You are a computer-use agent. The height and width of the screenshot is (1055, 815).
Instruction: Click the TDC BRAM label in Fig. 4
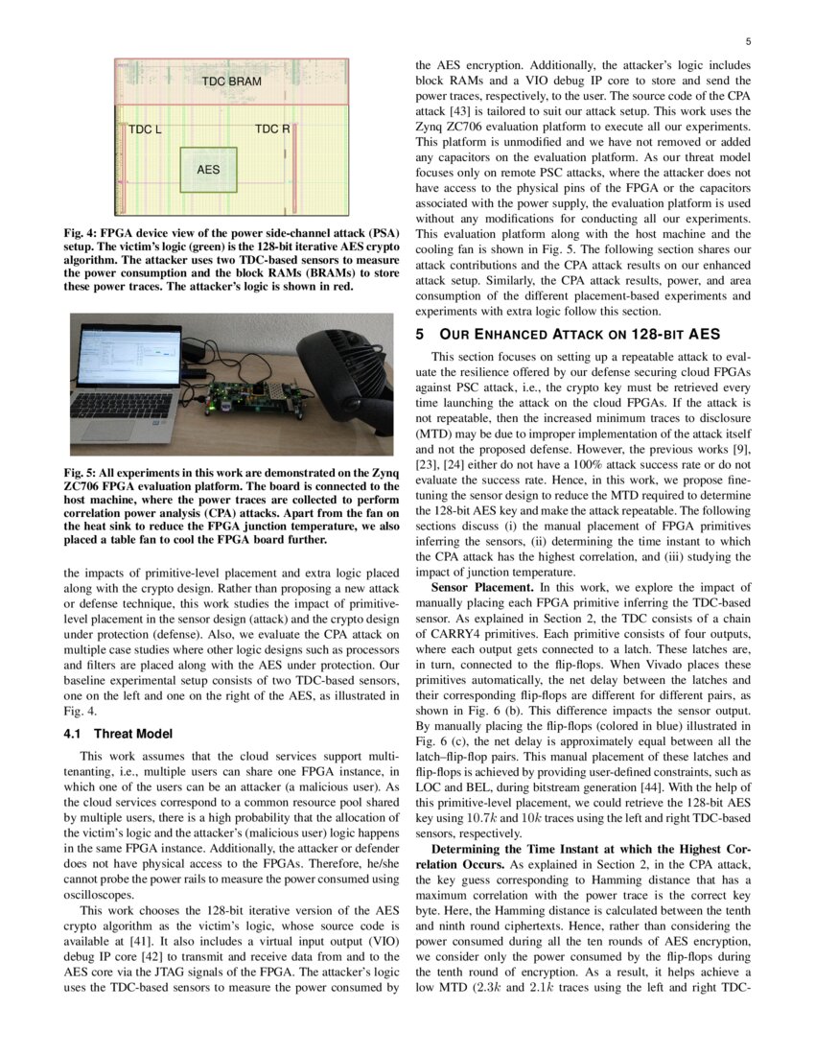tap(231, 82)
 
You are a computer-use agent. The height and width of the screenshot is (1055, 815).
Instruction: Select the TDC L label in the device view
tap(145, 129)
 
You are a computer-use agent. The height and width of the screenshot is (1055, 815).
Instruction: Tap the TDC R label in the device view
tap(272, 129)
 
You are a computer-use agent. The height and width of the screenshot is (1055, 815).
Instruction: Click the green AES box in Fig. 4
tap(208, 170)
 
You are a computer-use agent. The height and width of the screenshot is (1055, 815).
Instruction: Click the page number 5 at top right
tap(747, 41)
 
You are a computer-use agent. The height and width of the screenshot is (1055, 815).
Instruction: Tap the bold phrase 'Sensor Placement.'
tap(482, 586)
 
